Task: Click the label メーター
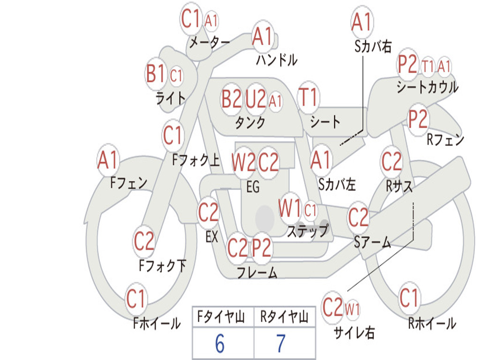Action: (209, 43)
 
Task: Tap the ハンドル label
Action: (277, 60)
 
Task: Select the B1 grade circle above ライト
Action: (156, 74)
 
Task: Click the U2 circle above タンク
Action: (256, 99)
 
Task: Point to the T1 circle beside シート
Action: (308, 97)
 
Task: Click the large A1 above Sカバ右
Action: (361, 22)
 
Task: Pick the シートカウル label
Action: (427, 87)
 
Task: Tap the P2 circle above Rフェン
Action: (418, 120)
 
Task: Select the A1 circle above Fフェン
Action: (108, 161)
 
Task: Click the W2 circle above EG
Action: (243, 163)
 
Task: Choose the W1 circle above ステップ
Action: (290, 209)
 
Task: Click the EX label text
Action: (212, 237)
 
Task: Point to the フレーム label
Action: (257, 272)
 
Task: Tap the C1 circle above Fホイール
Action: (136, 299)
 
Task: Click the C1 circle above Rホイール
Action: (409, 297)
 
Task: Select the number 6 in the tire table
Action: (219, 344)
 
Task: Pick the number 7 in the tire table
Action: (281, 344)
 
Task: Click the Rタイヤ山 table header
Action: (284, 318)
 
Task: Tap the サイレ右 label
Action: (354, 333)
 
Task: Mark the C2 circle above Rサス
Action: (391, 162)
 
